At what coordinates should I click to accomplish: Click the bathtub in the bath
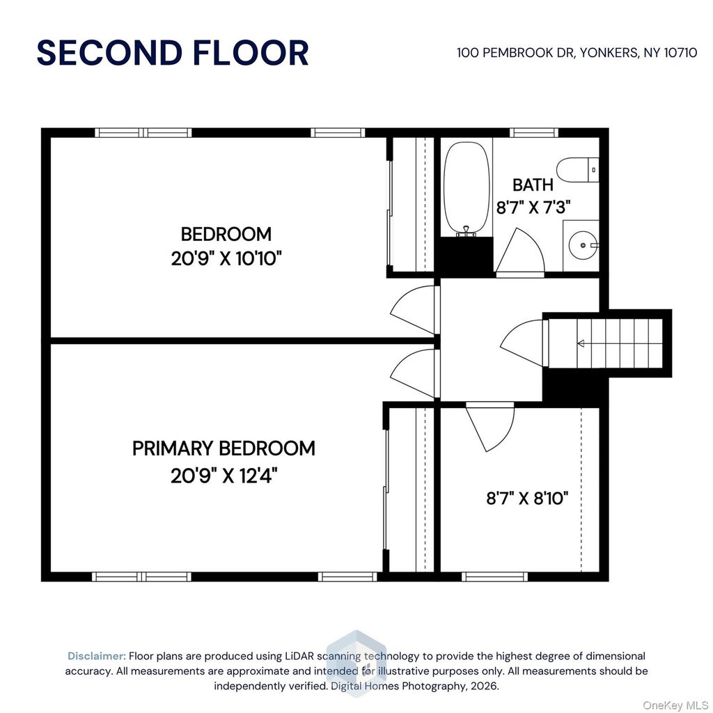click(467, 189)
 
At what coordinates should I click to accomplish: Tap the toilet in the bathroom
click(577, 170)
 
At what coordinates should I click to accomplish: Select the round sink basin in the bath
click(583, 245)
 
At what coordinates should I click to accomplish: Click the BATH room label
click(533, 185)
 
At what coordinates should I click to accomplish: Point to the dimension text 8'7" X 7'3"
click(533, 207)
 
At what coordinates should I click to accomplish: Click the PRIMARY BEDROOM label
click(224, 448)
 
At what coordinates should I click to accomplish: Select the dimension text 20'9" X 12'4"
click(224, 476)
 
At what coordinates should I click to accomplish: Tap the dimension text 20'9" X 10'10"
click(226, 259)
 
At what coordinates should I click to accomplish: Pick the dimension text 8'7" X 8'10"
click(528, 499)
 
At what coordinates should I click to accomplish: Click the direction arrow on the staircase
click(580, 343)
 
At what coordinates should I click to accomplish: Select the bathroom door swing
click(519, 251)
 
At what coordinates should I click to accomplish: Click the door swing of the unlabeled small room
click(490, 427)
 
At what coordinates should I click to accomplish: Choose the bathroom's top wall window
click(534, 133)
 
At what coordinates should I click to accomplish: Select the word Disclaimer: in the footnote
click(97, 656)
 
